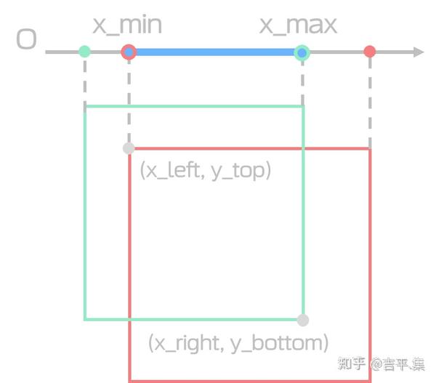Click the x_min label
click(127, 25)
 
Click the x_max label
click(299, 25)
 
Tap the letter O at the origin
click(26, 39)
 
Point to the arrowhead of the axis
click(418, 52)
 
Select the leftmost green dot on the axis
click(85, 52)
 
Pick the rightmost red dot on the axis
click(370, 52)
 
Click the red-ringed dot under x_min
click(129, 52)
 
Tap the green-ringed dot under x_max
click(302, 52)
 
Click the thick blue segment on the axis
click(215, 52)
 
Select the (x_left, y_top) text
click(205, 171)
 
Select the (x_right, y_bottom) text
click(238, 342)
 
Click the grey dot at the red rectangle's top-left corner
click(129, 148)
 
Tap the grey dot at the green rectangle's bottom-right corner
click(303, 320)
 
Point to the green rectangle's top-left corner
click(86, 107)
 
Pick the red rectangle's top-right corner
click(370, 149)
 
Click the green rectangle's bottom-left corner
click(86, 319)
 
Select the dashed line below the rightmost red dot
click(370, 102)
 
